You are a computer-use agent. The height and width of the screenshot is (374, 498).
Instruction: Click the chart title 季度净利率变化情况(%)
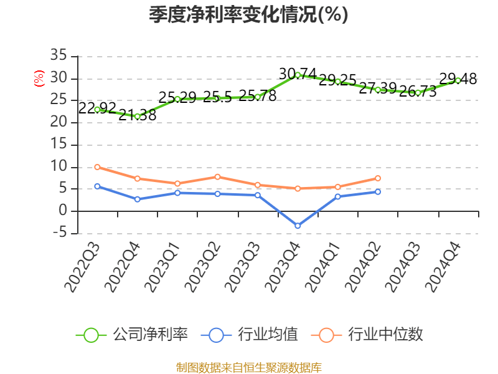(248, 15)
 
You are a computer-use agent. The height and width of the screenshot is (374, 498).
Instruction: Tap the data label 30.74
(298, 74)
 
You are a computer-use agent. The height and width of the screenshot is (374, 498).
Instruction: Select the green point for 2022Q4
(138, 116)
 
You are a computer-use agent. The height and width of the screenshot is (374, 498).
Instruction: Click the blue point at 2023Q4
(298, 226)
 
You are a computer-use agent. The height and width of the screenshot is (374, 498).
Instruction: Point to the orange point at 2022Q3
(97, 167)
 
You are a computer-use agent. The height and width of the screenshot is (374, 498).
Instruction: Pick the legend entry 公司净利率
(132, 335)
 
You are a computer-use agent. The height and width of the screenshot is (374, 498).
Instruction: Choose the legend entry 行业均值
(250, 335)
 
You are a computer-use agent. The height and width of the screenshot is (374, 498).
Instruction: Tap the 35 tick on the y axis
(59, 56)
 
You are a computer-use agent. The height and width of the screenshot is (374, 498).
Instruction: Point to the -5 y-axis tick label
(59, 233)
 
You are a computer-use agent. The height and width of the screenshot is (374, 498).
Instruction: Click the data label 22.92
(97, 108)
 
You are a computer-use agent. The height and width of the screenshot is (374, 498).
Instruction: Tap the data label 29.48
(458, 79)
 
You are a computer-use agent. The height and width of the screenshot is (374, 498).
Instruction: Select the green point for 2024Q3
(418, 92)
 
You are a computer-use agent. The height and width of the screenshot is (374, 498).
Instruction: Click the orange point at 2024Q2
(378, 178)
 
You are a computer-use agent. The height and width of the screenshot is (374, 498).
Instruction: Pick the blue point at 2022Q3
(97, 186)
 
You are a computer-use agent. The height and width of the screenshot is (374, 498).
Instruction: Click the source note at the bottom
(248, 367)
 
